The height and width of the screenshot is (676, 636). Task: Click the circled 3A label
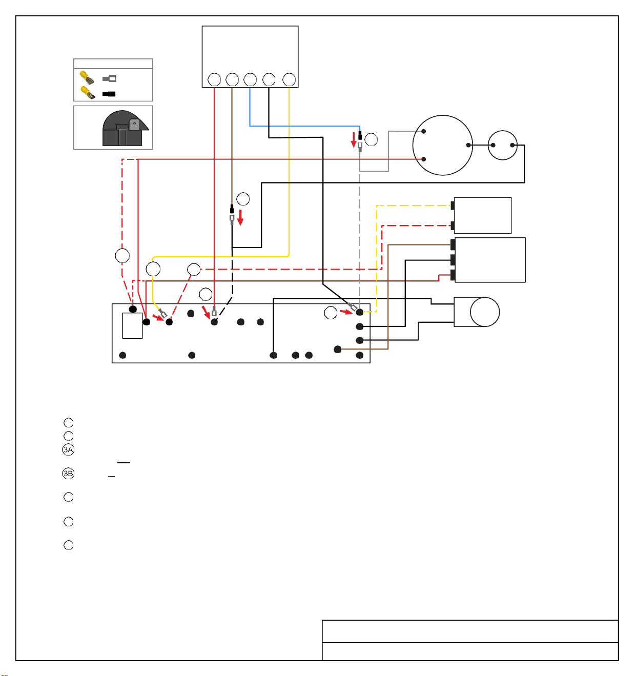click(68, 449)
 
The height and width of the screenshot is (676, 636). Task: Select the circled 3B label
click(68, 474)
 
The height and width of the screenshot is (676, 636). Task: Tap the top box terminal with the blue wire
click(250, 79)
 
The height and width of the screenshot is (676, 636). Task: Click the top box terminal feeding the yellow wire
click(289, 79)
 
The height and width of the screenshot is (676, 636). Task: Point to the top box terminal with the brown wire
click(232, 79)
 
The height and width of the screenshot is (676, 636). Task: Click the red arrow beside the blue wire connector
click(354, 139)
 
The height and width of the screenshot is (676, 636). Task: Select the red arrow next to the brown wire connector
click(240, 217)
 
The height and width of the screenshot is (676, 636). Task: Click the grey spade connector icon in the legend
click(109, 78)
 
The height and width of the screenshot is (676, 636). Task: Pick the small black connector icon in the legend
click(109, 94)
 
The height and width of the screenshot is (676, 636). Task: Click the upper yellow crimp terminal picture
click(87, 78)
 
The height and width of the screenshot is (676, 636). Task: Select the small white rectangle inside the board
click(132, 325)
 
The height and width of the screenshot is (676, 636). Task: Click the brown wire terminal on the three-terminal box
click(453, 244)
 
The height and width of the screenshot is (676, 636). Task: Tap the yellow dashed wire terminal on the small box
click(452, 206)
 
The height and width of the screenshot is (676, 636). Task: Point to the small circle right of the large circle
click(502, 145)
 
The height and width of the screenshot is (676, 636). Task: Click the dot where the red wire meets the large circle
click(423, 159)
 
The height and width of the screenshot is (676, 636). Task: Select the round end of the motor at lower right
click(484, 312)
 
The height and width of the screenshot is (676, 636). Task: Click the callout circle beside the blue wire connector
click(371, 139)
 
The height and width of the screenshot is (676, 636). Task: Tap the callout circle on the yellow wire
click(153, 269)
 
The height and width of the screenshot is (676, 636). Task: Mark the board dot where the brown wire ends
click(337, 349)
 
